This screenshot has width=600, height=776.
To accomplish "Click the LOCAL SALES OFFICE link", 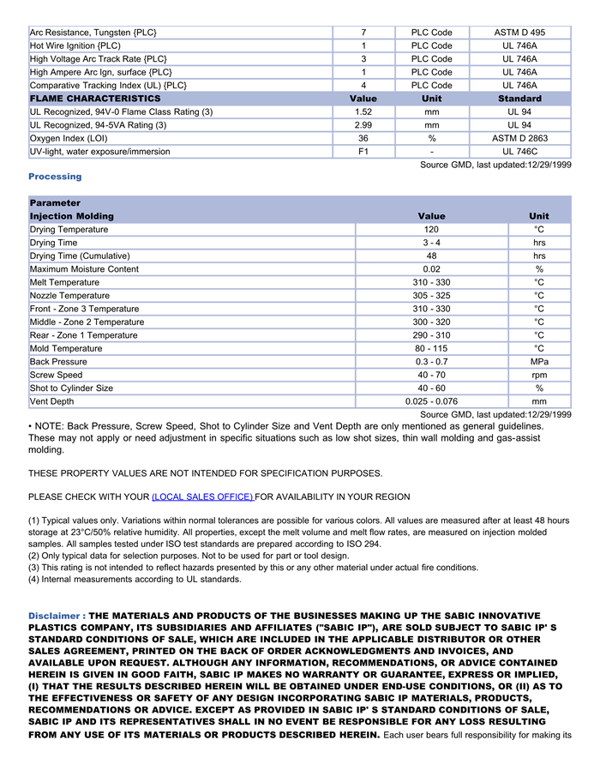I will point(202,497).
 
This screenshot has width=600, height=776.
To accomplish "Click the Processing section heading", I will point(55,177).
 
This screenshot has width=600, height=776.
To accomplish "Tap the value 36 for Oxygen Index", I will point(363,138).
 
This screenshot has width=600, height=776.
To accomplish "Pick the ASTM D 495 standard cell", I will point(519,33).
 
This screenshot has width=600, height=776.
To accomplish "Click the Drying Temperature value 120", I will point(431,230).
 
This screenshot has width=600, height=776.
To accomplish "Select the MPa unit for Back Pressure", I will point(539,362).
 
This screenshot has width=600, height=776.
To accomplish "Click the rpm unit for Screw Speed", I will point(539,375).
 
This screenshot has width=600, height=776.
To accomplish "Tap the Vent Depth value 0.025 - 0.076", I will point(431,401).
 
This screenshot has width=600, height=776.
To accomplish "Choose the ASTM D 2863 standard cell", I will point(519,138).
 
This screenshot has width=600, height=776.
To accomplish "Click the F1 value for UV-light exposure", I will point(363,152).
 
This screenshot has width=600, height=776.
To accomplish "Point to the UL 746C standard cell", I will point(519,152).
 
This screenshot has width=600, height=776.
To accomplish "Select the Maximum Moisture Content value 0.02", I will point(431,269).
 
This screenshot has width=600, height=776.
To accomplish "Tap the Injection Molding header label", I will point(72,216).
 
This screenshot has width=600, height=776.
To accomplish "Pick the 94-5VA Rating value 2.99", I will point(363,125).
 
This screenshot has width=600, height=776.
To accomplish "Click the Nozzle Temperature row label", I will point(69,296).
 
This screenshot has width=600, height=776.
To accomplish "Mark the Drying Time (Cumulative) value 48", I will point(431,256).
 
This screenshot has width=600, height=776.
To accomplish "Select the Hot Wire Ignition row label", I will point(75,45).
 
